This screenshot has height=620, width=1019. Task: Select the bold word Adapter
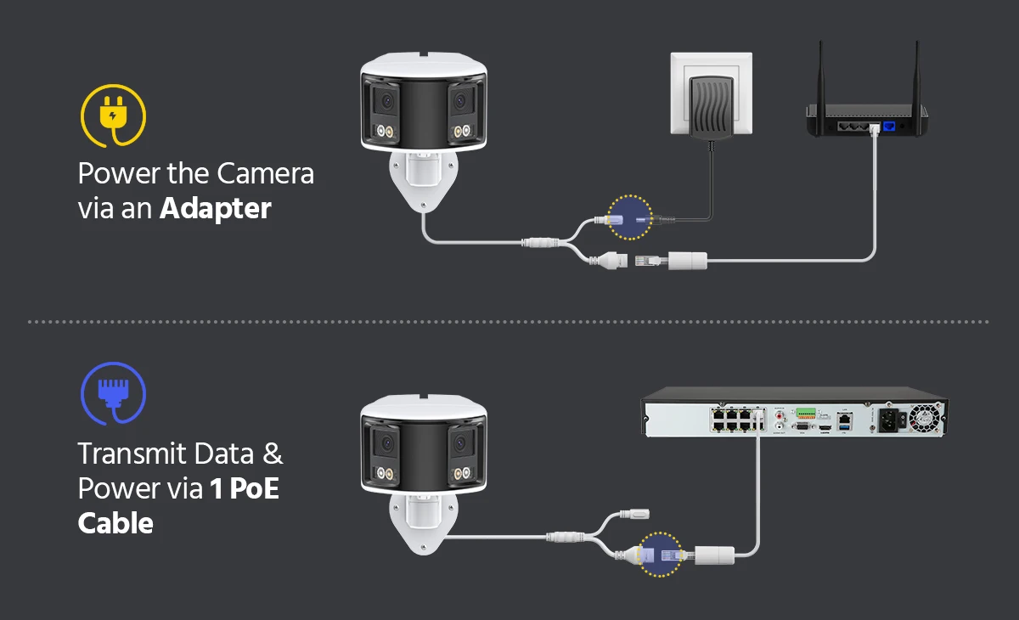216,208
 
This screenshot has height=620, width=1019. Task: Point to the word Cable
115,522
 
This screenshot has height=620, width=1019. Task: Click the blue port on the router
889,126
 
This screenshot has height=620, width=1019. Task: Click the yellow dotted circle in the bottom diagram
660,555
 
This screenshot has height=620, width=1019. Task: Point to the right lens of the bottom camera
463,442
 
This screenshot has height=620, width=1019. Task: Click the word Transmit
131,454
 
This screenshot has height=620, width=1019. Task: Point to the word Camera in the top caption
265,173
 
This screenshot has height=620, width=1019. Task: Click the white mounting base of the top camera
421,180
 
